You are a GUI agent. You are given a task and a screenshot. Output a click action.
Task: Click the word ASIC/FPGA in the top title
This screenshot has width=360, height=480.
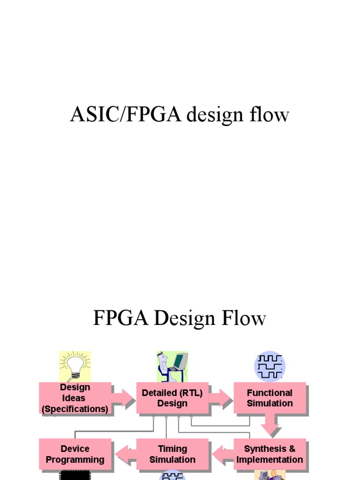click(126, 115)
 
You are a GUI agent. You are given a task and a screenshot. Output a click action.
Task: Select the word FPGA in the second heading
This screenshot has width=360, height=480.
click(120, 319)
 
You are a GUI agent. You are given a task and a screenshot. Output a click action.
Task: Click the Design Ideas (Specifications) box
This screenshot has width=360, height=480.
click(75, 398)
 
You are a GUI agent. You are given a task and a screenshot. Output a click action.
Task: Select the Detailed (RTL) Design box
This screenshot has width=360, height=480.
click(172, 398)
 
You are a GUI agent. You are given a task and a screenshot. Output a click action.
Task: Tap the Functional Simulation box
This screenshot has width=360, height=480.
click(270, 398)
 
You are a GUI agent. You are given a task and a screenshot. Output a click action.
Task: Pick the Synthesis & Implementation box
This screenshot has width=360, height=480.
click(270, 454)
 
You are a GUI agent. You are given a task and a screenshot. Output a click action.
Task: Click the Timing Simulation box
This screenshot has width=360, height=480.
click(172, 454)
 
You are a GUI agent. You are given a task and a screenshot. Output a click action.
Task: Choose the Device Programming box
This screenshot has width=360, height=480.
click(75, 454)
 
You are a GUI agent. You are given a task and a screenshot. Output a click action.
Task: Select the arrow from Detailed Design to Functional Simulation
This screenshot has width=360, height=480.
click(221, 398)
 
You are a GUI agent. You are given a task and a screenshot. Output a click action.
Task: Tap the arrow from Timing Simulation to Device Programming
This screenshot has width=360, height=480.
click(125, 454)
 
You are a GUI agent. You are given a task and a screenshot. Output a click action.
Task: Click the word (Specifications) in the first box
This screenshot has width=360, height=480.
click(75, 409)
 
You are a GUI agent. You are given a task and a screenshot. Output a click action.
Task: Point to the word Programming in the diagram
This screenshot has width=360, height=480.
click(75, 460)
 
